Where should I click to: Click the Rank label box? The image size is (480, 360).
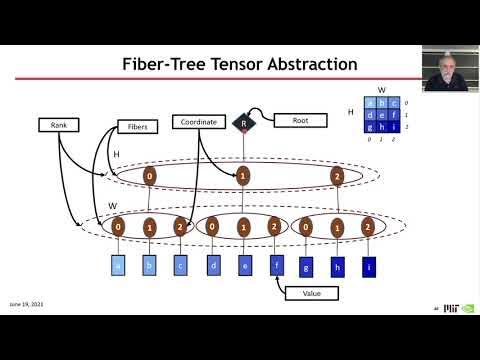click(x=59, y=125)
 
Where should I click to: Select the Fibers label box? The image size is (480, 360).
click(x=137, y=127)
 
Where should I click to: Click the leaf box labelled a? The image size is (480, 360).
click(x=117, y=266)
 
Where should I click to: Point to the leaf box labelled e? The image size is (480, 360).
click(x=244, y=266)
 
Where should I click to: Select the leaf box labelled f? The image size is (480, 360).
click(x=275, y=266)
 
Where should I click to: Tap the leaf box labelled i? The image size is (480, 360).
click(x=368, y=266)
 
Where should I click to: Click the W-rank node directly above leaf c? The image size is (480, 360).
click(x=180, y=227)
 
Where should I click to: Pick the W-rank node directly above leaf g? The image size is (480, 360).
click(x=306, y=227)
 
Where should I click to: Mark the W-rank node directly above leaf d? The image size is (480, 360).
click(x=212, y=227)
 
